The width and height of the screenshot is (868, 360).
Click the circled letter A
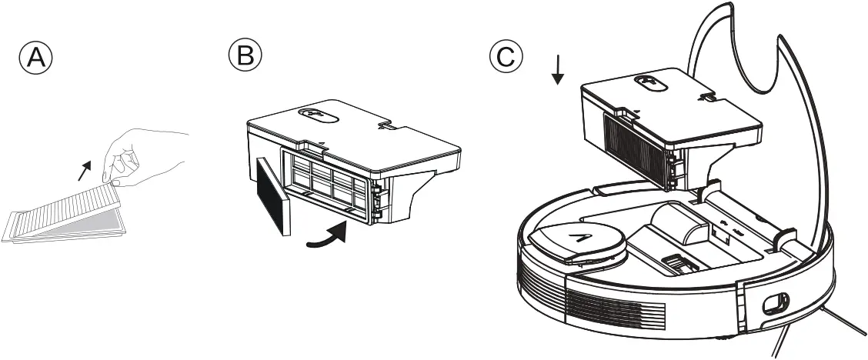[x=36, y=58]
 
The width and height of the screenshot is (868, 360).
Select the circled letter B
[x=245, y=55]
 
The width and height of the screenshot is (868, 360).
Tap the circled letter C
[x=506, y=55]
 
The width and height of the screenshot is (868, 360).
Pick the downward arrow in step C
[x=559, y=71]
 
